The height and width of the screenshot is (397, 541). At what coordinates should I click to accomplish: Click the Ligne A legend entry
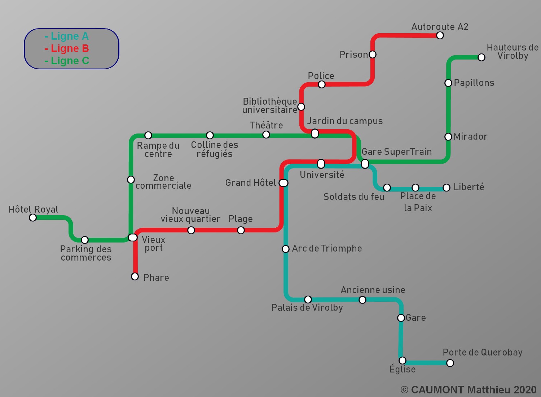[x=67, y=36]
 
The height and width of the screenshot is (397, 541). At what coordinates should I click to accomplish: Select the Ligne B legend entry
[x=67, y=48]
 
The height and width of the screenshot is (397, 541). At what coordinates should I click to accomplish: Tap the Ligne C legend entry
[x=67, y=61]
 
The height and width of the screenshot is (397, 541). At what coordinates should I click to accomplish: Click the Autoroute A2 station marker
[x=440, y=35]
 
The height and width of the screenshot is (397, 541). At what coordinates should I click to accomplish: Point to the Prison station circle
[x=373, y=54]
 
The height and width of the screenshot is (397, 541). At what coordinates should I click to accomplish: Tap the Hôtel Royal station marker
[x=33, y=218]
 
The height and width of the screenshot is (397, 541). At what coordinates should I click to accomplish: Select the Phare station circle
[x=135, y=276]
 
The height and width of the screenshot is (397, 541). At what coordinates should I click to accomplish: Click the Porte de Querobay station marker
[x=450, y=363]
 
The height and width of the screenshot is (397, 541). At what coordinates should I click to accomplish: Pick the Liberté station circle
[x=447, y=188]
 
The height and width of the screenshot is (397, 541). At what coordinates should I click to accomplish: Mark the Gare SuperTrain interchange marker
[x=365, y=164]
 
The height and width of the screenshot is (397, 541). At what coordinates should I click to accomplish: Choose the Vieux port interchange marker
[x=133, y=237]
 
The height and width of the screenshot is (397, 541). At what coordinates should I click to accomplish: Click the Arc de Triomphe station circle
[x=286, y=249]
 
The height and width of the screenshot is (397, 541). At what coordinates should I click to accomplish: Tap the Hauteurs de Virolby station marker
[x=481, y=57]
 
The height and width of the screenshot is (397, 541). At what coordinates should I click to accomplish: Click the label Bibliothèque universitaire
[x=270, y=105]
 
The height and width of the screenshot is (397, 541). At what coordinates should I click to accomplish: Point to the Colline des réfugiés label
[x=215, y=149]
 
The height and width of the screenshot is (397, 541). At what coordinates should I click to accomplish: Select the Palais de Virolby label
[x=307, y=307]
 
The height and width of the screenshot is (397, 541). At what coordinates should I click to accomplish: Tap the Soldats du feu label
[x=353, y=197]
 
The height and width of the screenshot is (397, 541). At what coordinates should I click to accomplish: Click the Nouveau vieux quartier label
[x=190, y=215]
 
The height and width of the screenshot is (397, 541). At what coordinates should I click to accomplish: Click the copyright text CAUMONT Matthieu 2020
[x=469, y=390]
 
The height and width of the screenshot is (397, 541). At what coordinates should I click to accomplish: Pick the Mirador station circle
[x=448, y=137]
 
